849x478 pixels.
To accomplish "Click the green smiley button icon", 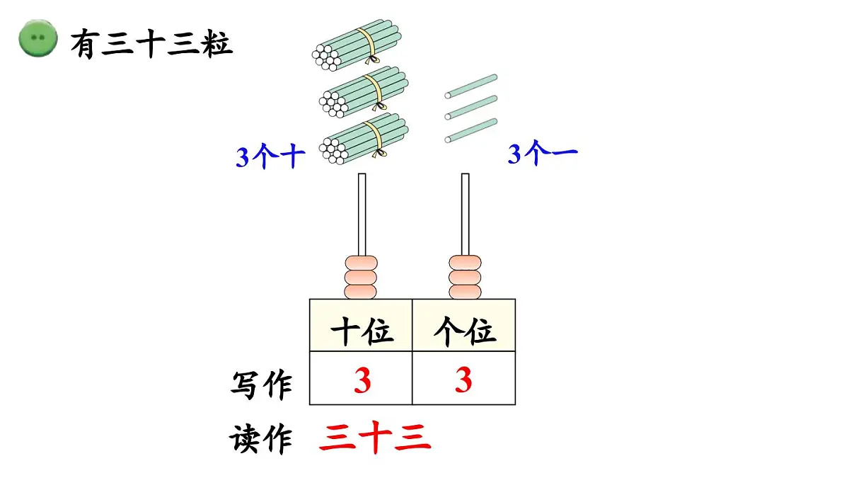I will pos(37,40).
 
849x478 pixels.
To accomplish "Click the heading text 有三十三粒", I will pos(151,45).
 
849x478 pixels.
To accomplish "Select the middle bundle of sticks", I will pos(364,92).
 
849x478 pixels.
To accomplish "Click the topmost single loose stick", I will pos(471,85).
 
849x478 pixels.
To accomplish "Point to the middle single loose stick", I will pos(471,107).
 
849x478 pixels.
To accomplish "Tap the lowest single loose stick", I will pos(471,130).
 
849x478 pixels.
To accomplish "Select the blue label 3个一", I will pos(543,154).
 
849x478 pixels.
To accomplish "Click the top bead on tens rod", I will pos(362,263).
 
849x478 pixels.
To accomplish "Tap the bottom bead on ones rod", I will pos(465,290).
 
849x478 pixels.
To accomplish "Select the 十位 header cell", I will pos(361,331).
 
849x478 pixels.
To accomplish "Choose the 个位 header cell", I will pos(464,331).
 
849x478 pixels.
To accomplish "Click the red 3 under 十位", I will pos(362,381).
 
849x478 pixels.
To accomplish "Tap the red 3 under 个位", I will pos(463,381).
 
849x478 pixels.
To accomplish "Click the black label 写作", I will pos(261,386).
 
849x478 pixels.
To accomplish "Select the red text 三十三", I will pos(375,438).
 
